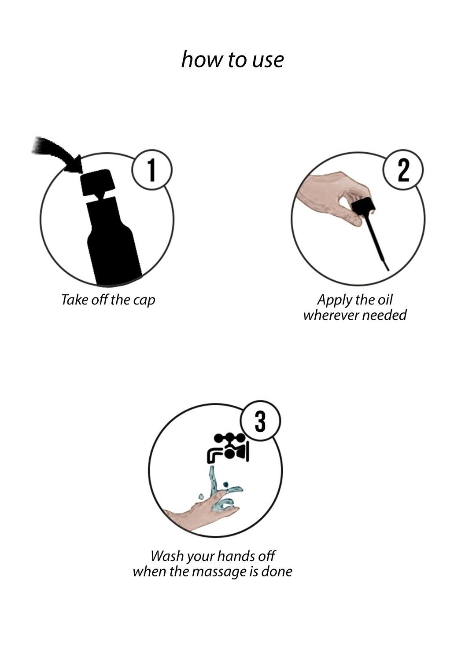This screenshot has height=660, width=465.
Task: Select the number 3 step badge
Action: [260, 422]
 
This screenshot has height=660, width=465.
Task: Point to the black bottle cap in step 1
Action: [97, 183]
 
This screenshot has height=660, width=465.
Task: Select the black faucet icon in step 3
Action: [229, 448]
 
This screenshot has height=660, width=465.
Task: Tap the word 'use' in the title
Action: [268, 60]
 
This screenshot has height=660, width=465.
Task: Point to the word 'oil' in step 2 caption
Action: [385, 300]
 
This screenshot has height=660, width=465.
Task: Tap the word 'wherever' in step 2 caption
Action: [331, 315]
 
